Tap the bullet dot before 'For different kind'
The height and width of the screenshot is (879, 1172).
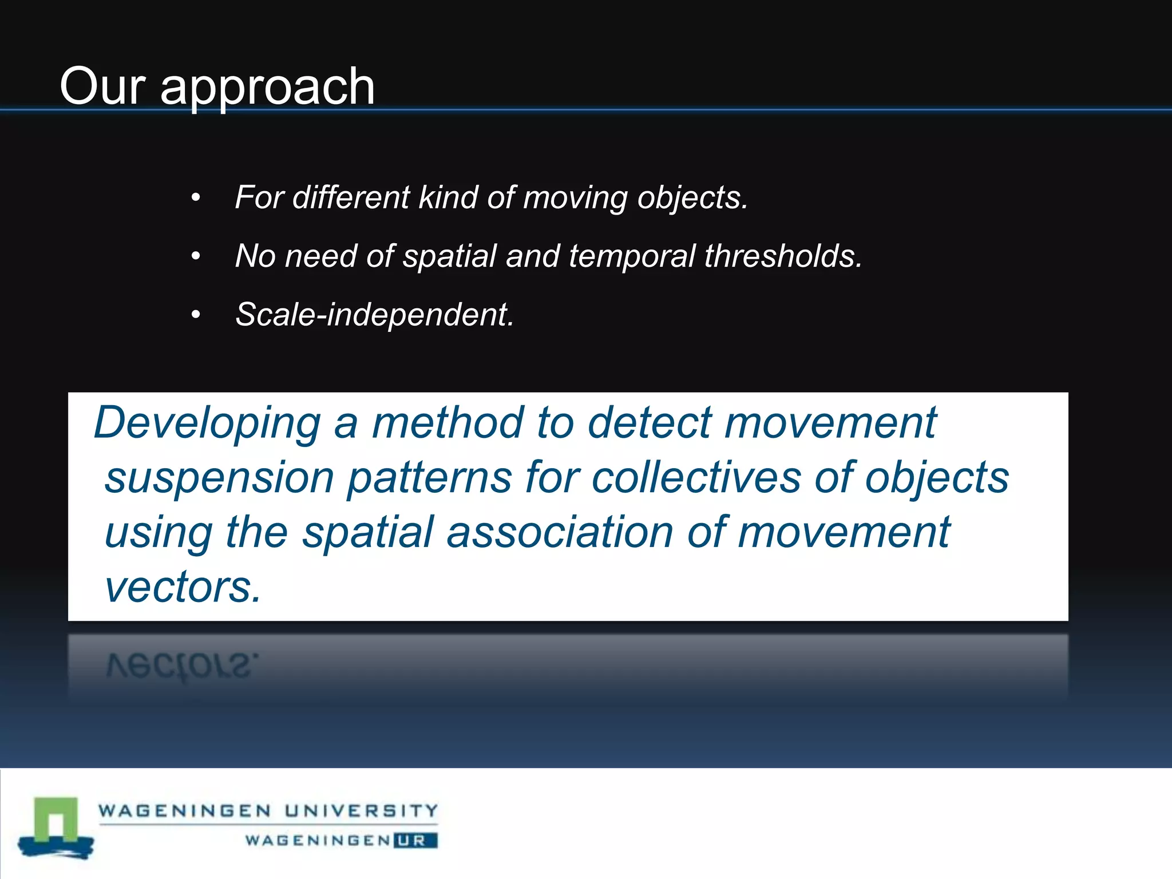pos(196,198)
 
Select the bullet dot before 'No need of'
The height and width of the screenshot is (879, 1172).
pos(196,256)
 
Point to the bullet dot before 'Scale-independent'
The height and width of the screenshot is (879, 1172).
pos(196,315)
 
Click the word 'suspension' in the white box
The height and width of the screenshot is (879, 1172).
pos(219,478)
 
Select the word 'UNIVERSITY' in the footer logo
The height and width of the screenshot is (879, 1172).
pos(361,810)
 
